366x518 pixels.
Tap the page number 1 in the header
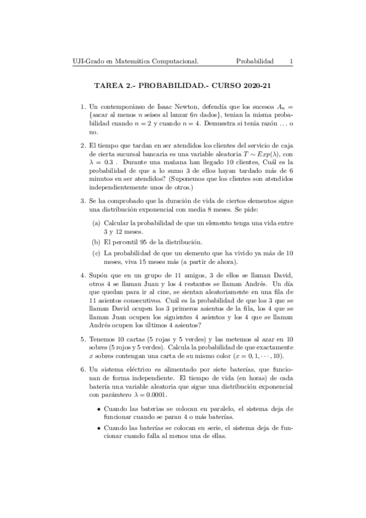[291, 62]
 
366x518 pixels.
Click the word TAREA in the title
[109, 87]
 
